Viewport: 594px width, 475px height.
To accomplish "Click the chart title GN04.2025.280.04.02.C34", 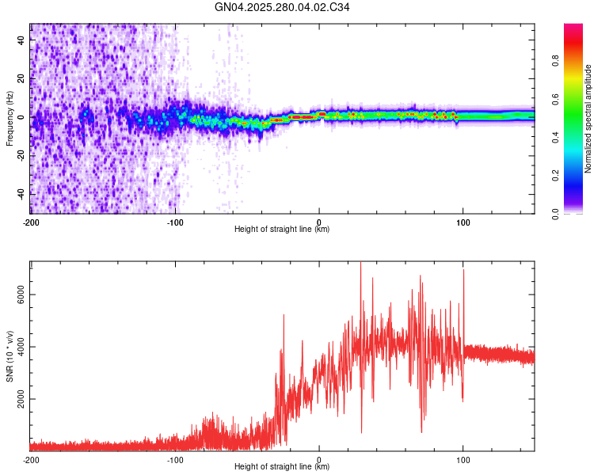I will (x=283, y=7).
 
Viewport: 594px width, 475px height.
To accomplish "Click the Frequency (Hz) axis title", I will (x=10, y=118).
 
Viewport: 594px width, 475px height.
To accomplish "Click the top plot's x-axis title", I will (x=283, y=230).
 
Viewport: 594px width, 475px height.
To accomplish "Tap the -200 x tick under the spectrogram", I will (x=31, y=221).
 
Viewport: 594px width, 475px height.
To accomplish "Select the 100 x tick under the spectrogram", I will (x=463, y=221).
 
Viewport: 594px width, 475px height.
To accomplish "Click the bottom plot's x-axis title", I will (x=283, y=467).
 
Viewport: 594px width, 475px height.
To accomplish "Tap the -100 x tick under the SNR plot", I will (x=175, y=458).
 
